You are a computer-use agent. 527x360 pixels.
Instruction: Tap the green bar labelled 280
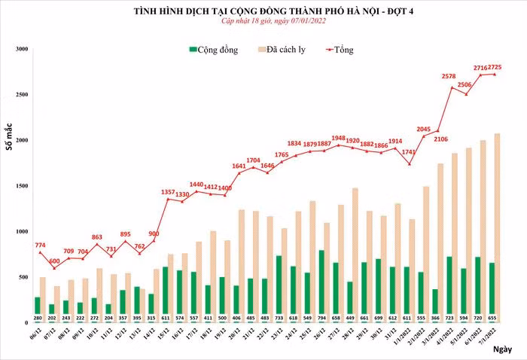pyautogui.click(x=38, y=304)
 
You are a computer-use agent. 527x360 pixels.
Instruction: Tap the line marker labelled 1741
pyautogui.click(x=409, y=163)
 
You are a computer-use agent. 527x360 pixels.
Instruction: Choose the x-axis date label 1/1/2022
pyautogui.click(x=401, y=333)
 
